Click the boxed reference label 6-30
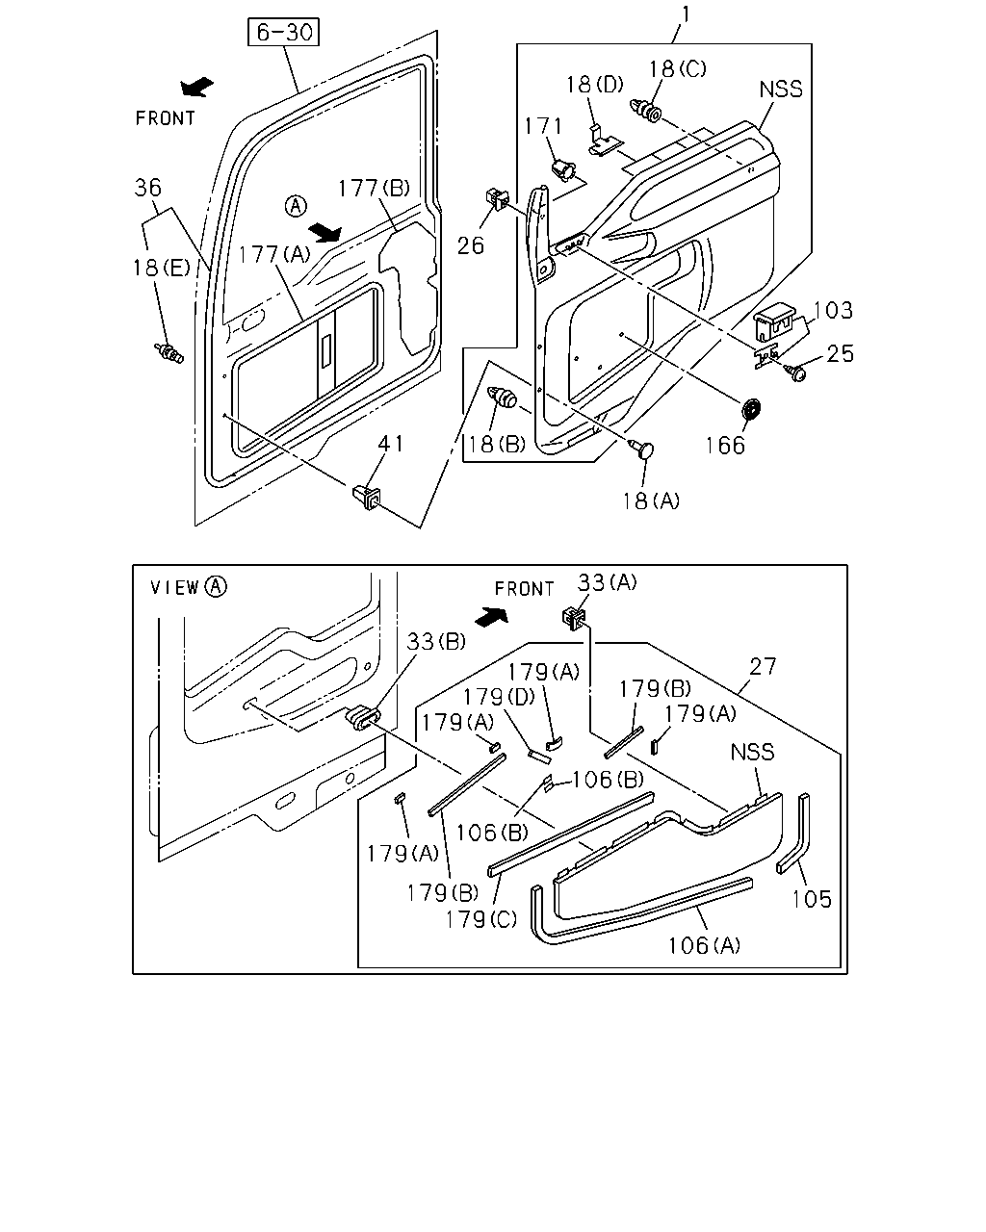tap(283, 32)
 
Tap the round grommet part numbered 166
tap(750, 409)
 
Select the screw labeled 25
tap(797, 372)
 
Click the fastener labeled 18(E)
tap(169, 352)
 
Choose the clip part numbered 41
tap(367, 497)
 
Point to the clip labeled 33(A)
tap(575, 618)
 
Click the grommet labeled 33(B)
tap(362, 718)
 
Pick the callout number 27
tap(763, 666)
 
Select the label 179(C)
tap(481, 919)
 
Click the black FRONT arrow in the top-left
tap(196, 87)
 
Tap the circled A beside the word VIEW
tap(217, 586)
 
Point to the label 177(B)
tap(375, 188)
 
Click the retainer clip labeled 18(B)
tap(502, 397)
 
